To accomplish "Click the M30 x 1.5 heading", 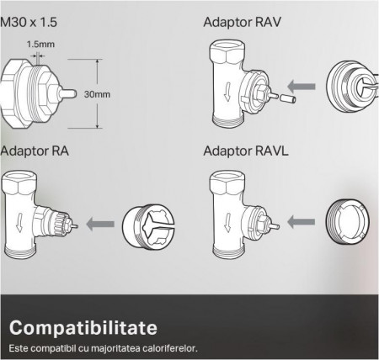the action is click(x=29, y=22).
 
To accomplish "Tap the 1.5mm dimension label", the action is click(x=40, y=45).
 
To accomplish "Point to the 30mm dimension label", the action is click(x=97, y=94).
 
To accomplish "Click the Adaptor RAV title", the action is click(x=242, y=23).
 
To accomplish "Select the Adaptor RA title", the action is click(x=35, y=151).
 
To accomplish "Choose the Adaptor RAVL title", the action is click(x=246, y=151).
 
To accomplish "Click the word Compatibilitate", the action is click(x=83, y=328).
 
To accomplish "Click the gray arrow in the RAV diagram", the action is click(x=302, y=87).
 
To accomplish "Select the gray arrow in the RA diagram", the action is click(x=100, y=224).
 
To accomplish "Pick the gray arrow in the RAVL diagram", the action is click(x=301, y=222).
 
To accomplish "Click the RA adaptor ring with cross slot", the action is click(x=148, y=225).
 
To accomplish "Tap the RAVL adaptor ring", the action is click(x=348, y=222).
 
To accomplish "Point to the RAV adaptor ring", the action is click(x=352, y=87).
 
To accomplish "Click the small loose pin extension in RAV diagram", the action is click(x=287, y=98).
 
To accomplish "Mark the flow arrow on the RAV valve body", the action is click(x=227, y=92).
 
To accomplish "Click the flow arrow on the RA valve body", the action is click(x=19, y=222).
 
